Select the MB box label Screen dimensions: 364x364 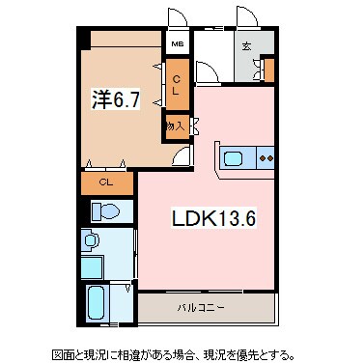pyautogui.click(x=177, y=44)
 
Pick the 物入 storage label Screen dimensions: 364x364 pyautogui.click(x=176, y=126)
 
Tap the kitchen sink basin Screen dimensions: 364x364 pyautogui.click(x=234, y=156)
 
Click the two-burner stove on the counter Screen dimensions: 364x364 pyautogui.click(x=266, y=156)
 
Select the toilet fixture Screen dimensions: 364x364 pyautogui.click(x=105, y=211)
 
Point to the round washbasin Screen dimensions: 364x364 pyautogui.click(x=91, y=241)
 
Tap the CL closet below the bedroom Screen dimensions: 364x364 pyautogui.click(x=106, y=182)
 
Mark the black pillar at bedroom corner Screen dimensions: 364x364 pyautogui.click(x=83, y=40)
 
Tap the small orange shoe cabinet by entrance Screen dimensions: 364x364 pyautogui.click(x=268, y=70)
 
